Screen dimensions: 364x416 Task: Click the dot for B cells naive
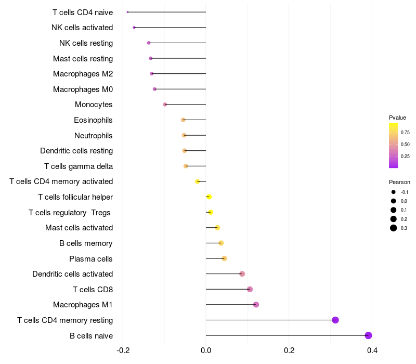[369, 335]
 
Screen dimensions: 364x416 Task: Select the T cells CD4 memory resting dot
[335, 320]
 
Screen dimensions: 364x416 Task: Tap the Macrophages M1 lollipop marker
[256, 305]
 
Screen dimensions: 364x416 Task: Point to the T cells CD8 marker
[250, 289]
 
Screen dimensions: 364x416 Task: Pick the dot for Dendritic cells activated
[242, 274]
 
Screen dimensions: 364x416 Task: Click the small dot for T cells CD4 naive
[127, 12]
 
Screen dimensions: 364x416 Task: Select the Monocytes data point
[165, 105]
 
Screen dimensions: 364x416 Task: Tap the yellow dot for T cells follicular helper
[209, 197]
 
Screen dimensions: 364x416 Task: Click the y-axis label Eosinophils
[93, 120]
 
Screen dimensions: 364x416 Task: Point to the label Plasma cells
[91, 258]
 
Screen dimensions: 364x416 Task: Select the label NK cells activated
[82, 28]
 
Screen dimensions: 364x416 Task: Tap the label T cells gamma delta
[79, 166]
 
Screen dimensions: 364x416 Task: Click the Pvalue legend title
[397, 118]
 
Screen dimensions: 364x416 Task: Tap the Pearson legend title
[399, 183]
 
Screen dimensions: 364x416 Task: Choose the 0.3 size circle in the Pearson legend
[394, 228]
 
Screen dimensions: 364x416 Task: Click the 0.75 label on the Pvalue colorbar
[405, 132]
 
